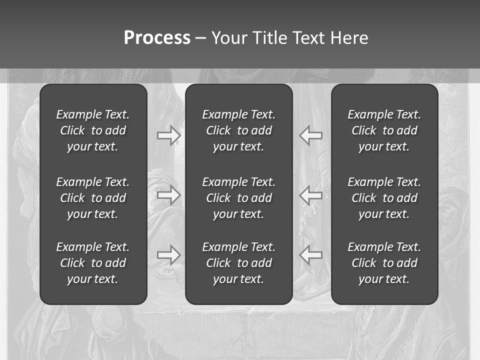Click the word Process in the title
click(157, 38)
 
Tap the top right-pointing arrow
click(168, 135)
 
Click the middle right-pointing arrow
click(168, 195)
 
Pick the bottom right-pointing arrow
click(168, 255)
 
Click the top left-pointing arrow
click(310, 135)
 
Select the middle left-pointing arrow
click(310, 195)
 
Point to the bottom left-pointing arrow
click(310, 255)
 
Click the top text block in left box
click(93, 130)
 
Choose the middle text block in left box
click(93, 198)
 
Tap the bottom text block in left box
click(93, 263)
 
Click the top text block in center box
click(238, 130)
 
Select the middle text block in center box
click(238, 198)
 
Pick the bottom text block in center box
click(238, 263)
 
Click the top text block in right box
click(384, 130)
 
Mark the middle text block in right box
click(384, 198)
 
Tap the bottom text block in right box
click(384, 263)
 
